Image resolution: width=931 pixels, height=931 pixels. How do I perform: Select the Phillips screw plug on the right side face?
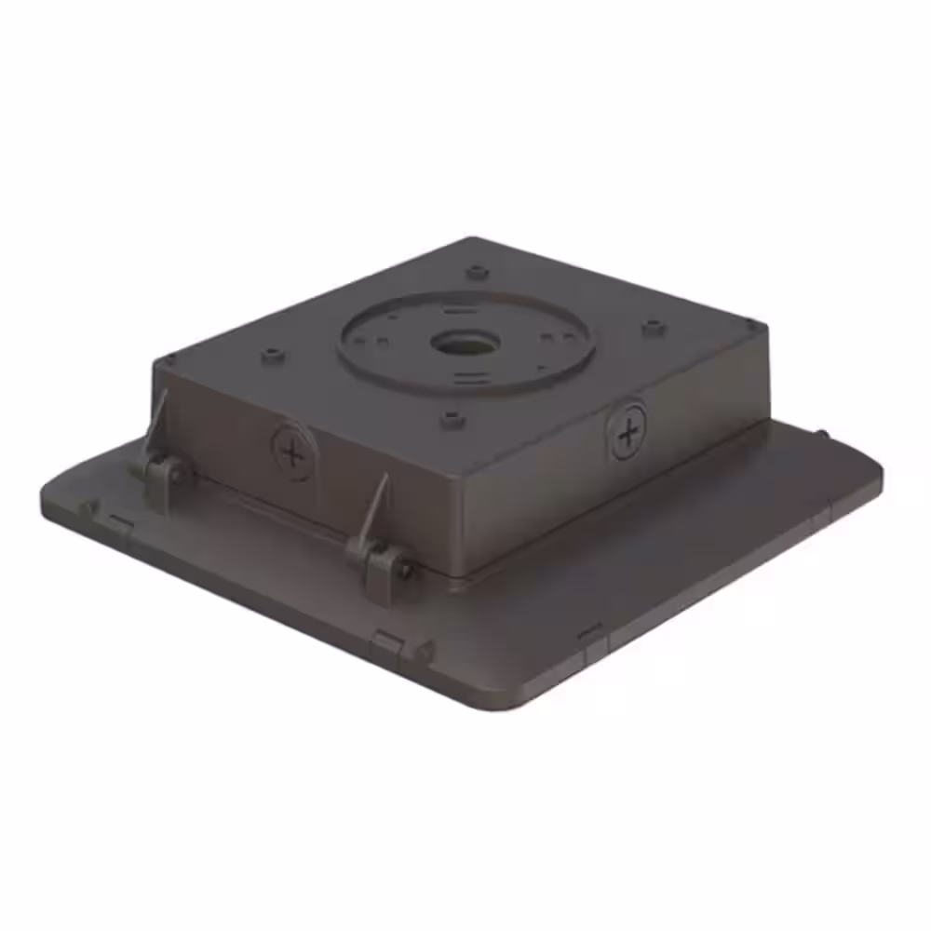628,431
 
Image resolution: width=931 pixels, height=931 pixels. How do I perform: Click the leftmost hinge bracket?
165,472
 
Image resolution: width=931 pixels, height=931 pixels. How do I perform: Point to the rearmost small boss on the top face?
477,272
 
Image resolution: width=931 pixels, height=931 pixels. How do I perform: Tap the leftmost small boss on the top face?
272,355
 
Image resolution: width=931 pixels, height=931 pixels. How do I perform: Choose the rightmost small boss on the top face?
653,327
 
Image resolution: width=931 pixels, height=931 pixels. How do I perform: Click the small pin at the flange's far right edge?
826,434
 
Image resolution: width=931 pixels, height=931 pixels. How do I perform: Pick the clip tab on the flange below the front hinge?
388,643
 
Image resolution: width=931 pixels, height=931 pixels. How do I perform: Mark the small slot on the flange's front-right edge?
590,634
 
